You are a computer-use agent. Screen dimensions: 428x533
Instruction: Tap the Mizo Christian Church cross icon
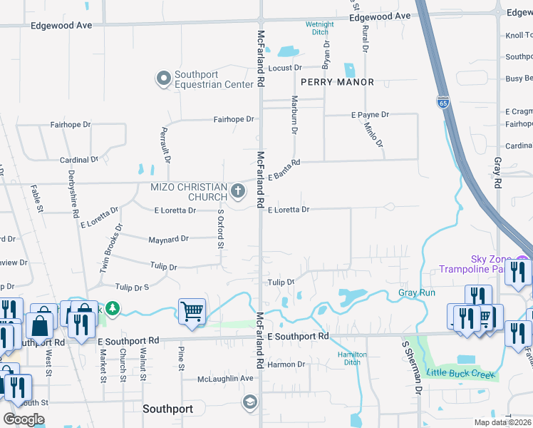(238, 190)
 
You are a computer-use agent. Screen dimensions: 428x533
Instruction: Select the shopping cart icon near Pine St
(192, 311)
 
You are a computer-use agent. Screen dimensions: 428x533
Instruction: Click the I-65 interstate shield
(443, 103)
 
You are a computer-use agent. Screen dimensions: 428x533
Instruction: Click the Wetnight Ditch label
(320, 29)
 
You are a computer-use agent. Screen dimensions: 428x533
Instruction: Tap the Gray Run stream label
(417, 293)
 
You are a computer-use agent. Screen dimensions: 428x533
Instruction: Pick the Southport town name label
(167, 409)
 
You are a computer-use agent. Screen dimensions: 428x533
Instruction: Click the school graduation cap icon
(249, 401)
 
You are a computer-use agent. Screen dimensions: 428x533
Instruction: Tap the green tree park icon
(112, 308)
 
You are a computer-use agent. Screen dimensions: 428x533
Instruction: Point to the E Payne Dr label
(370, 114)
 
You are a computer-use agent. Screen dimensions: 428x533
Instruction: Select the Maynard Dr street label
(168, 239)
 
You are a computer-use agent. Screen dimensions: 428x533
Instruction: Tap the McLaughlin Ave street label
(225, 378)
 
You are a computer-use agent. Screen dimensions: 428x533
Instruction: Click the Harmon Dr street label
(286, 365)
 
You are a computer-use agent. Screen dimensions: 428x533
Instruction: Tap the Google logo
(24, 419)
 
